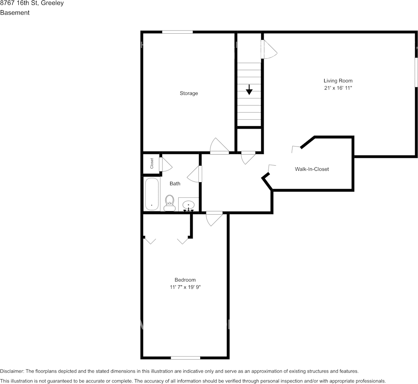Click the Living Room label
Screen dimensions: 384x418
pos(338,81)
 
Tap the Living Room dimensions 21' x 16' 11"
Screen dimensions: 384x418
pos(338,88)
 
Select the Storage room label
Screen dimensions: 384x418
pos(189,93)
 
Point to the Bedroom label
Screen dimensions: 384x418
pos(185,280)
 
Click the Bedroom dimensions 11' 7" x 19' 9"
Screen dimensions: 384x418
pos(185,287)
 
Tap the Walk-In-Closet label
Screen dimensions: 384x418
pos(312,169)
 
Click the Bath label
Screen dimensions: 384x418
pos(175,183)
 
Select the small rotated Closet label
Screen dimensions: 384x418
pos(152,163)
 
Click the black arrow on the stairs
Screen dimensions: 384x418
pos(249,90)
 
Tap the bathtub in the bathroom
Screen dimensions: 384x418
pos(152,194)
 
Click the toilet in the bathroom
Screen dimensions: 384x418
pos(169,203)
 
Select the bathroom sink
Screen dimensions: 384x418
pos(188,205)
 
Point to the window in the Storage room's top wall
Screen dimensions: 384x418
pos(177,32)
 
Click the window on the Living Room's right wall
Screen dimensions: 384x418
pos(416,72)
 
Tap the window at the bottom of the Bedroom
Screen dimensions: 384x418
pos(185,358)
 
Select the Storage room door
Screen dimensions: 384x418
pos(219,147)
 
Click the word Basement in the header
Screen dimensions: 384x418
pos(15,13)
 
